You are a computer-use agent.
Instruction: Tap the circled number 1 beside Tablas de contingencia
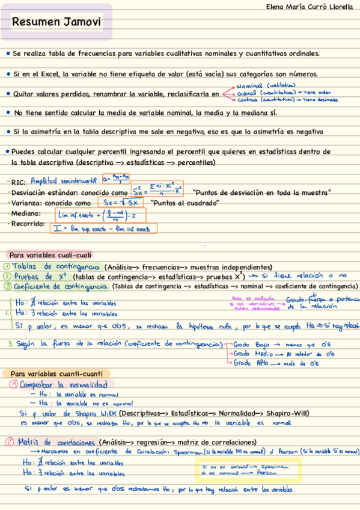[x=5, y=266]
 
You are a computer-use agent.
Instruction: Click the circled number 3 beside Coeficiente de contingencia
[x=5, y=287]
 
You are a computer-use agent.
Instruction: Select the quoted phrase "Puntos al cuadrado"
[x=177, y=203]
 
